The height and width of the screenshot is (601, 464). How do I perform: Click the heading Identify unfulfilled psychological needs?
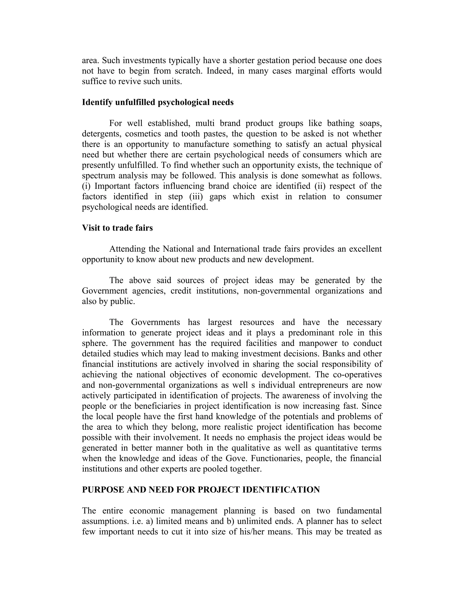(157, 102)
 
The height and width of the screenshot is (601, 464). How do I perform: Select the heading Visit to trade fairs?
(117, 228)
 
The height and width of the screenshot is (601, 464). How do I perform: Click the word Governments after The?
(155, 322)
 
